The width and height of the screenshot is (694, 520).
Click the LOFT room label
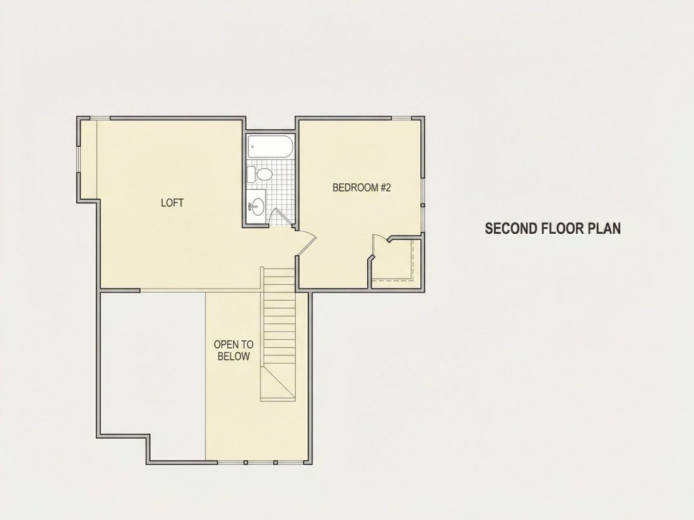pyautogui.click(x=172, y=203)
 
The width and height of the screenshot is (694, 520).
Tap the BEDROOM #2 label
pyautogui.click(x=362, y=187)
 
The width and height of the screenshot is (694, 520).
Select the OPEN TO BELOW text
pyautogui.click(x=233, y=350)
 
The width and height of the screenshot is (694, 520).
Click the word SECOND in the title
pyautogui.click(x=511, y=229)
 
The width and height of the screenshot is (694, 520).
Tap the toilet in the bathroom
pyautogui.click(x=260, y=174)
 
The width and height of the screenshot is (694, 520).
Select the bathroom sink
pyautogui.click(x=256, y=205)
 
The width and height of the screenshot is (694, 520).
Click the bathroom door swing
pyautogui.click(x=278, y=217)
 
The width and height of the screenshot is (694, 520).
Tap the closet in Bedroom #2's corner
pyautogui.click(x=396, y=262)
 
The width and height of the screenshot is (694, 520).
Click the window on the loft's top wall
pyautogui.click(x=100, y=118)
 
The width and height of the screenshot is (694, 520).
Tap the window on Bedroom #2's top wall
pyautogui.click(x=401, y=118)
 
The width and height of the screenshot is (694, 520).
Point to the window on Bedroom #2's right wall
pyautogui.click(x=423, y=205)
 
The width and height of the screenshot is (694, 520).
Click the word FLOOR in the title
pyautogui.click(x=562, y=229)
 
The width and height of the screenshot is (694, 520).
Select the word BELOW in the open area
pyautogui.click(x=233, y=356)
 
